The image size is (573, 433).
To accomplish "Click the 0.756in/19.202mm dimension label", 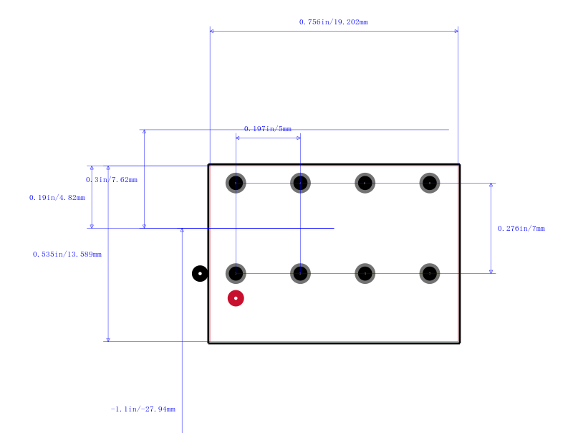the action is tap(333, 22).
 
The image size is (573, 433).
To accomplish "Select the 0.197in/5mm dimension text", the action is tap(267, 129).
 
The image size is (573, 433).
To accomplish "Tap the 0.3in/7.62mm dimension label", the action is tap(112, 179).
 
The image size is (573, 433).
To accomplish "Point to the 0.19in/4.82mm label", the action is tap(57, 197).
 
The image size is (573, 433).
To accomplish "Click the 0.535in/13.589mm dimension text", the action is tap(67, 254).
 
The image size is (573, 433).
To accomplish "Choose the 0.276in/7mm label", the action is tap(521, 229).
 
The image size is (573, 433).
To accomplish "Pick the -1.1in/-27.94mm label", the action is tap(143, 409).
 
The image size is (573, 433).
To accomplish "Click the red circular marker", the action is tap(236, 298).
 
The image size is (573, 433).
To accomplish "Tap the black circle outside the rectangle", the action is tap(200, 274).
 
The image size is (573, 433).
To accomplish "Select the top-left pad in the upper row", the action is tap(236, 183).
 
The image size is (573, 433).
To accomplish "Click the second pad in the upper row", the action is tap(300, 183).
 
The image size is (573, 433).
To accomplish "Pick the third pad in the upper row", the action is tap(365, 183).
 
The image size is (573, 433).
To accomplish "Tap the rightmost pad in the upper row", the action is tap(430, 183).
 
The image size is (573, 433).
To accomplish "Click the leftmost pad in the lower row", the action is tap(236, 274).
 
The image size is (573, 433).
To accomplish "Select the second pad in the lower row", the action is tap(300, 274).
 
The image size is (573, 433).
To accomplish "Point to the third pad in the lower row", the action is tap(365, 274).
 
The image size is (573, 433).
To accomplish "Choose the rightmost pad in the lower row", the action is tap(430, 274).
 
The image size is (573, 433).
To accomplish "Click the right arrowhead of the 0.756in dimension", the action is tap(456, 31).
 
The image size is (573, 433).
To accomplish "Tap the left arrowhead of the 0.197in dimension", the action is tap(238, 138).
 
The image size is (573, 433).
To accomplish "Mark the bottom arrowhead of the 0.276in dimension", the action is tap(491, 272).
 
